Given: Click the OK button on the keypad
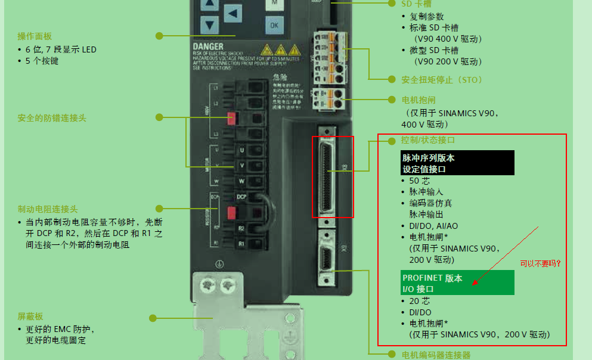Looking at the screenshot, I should (x=274, y=25).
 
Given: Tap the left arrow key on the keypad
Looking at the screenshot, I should (x=233, y=14).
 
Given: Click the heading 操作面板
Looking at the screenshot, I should (x=35, y=36).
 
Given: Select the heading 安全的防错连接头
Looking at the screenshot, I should (x=52, y=118).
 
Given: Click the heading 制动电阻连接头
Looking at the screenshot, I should (x=48, y=209).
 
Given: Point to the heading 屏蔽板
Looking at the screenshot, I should (x=30, y=316).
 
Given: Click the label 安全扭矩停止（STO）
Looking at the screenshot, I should (x=442, y=79).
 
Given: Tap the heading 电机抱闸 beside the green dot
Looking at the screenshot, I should (x=419, y=100).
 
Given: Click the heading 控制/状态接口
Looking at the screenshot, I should (x=428, y=141).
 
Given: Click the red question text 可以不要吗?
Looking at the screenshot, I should (x=541, y=263).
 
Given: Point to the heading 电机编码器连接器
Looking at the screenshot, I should (x=436, y=355).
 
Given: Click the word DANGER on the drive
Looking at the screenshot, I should (x=208, y=46).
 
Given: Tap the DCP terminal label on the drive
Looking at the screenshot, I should (x=241, y=197).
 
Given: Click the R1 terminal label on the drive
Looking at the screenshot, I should (x=241, y=244).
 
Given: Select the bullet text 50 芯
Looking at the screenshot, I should (x=419, y=181).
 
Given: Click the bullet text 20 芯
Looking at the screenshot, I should (x=419, y=301).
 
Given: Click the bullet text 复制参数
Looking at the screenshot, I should (x=426, y=16).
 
